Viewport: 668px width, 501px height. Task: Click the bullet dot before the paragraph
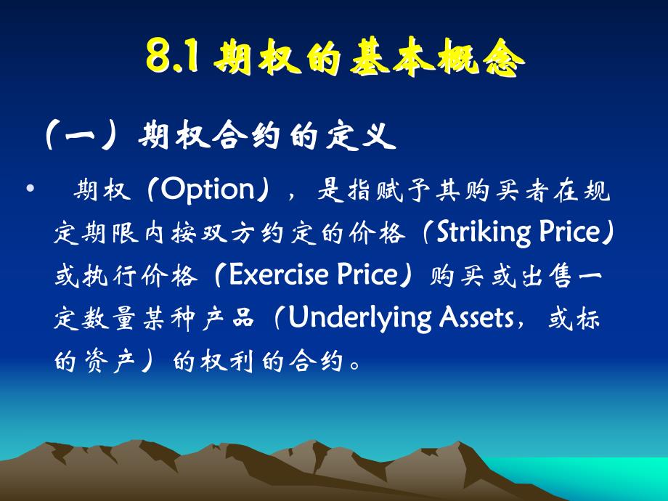(x=29, y=190)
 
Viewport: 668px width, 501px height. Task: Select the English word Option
(x=205, y=190)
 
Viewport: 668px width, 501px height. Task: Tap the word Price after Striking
(x=569, y=234)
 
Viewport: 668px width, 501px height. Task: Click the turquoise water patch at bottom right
(x=624, y=479)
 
